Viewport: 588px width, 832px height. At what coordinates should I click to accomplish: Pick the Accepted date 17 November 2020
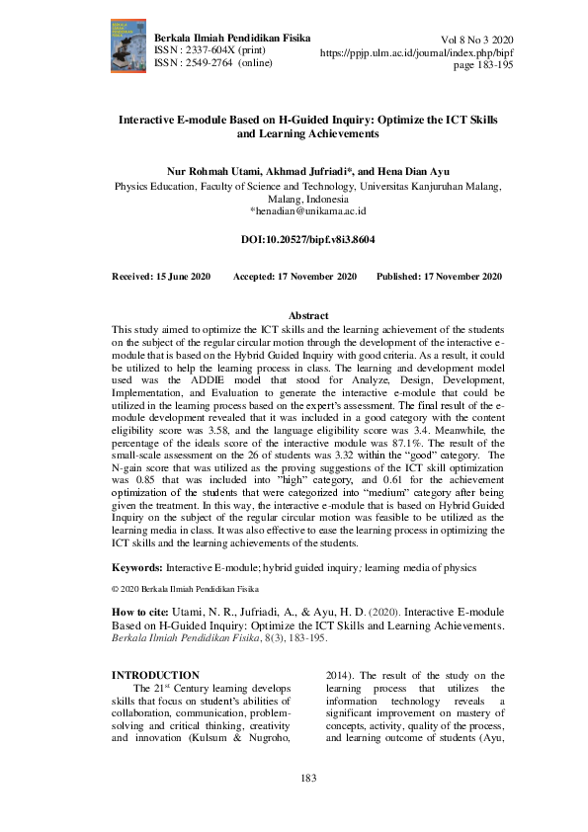click(x=294, y=277)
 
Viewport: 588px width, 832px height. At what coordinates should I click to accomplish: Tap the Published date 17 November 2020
click(x=439, y=277)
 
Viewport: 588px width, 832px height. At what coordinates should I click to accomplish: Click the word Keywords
click(x=137, y=567)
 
